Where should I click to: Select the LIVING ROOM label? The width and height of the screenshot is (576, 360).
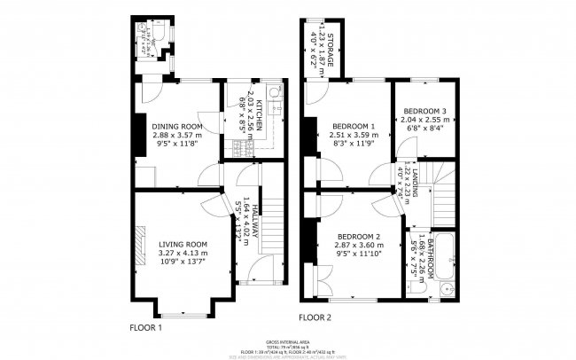pyautogui.click(x=183, y=244)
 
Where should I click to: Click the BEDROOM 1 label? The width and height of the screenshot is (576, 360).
pyautogui.click(x=341, y=126)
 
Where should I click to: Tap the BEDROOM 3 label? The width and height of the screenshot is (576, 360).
pyautogui.click(x=424, y=111)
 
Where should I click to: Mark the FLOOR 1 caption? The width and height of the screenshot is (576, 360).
pyautogui.click(x=146, y=326)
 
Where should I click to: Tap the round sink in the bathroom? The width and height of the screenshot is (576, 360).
pyautogui.click(x=446, y=289)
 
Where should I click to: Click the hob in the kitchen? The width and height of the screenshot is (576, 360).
pyautogui.click(x=237, y=146)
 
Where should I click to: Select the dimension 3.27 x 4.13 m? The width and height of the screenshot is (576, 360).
pyautogui.click(x=183, y=254)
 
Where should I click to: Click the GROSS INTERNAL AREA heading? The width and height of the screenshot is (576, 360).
pyautogui.click(x=287, y=341)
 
